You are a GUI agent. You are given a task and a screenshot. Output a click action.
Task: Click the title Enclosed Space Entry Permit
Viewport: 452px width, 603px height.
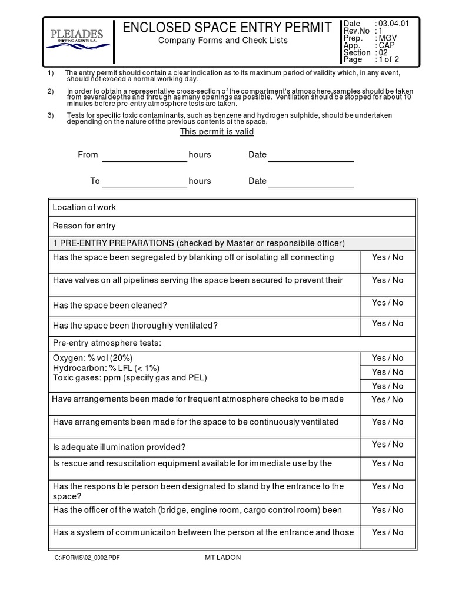(x=227, y=27)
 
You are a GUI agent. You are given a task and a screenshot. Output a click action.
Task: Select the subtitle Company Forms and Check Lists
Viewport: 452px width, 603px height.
(x=223, y=41)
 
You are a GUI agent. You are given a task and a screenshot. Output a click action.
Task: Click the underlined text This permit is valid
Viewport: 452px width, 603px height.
(x=217, y=131)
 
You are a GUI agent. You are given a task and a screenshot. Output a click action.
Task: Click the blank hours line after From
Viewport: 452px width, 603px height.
(x=144, y=155)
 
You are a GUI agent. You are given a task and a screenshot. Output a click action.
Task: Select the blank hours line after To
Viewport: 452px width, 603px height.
(x=144, y=182)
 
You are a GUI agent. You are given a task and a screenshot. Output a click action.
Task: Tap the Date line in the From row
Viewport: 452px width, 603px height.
(x=311, y=155)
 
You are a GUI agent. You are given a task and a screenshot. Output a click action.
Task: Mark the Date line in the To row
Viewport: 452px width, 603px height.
(x=311, y=182)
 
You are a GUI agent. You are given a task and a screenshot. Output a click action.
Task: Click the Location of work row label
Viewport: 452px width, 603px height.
(x=84, y=207)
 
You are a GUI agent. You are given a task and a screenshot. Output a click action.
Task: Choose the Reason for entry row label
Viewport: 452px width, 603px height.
(x=84, y=226)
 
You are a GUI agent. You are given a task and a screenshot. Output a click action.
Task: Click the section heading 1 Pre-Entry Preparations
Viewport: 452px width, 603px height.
(x=198, y=244)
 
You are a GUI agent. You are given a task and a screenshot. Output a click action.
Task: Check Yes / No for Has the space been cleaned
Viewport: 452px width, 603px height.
(x=387, y=303)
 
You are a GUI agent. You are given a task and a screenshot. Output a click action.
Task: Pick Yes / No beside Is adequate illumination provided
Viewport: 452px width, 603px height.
(x=387, y=445)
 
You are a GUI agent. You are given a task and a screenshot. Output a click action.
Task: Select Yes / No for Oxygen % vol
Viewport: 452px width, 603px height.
(x=387, y=358)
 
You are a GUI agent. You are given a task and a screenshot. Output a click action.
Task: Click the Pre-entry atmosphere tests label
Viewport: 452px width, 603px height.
(x=107, y=343)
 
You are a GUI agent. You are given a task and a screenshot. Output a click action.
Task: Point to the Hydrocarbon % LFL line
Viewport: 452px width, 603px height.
(x=106, y=367)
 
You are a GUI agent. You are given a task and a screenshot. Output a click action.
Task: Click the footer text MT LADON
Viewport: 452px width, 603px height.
(x=218, y=558)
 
